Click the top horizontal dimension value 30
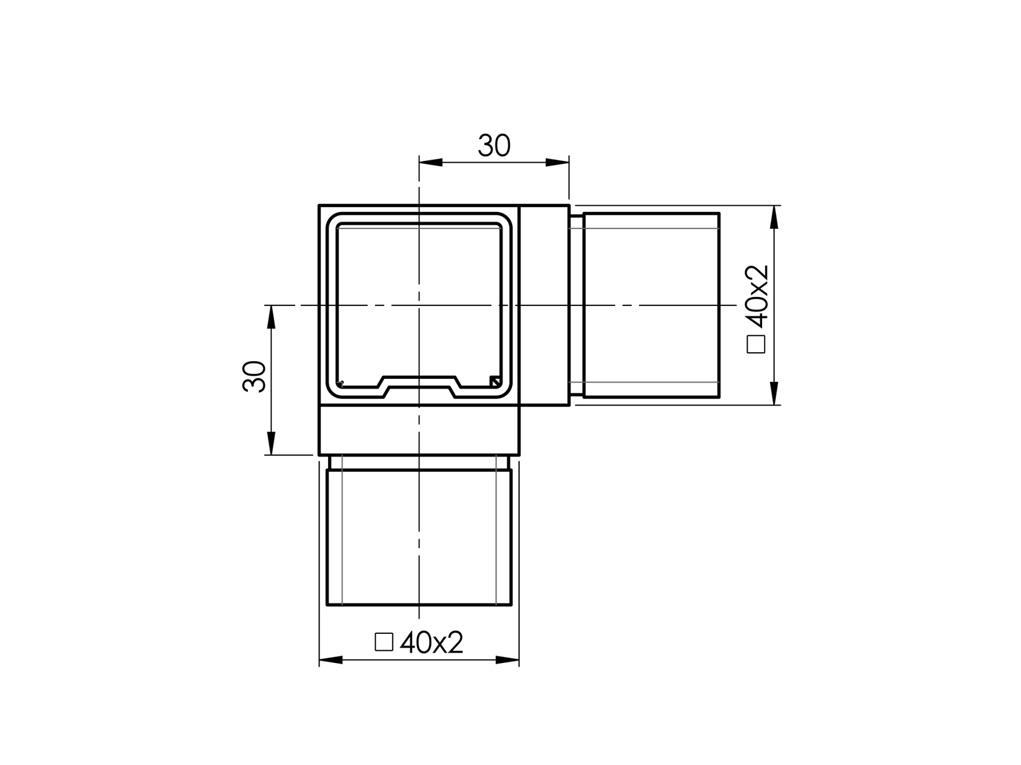[x=494, y=146]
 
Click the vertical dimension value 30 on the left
[x=255, y=376]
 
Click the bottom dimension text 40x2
[x=432, y=642]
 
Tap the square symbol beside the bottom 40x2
[x=384, y=642]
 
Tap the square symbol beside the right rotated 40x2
[x=757, y=344]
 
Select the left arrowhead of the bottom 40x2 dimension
[x=331, y=660]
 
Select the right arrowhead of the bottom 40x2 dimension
[x=508, y=660]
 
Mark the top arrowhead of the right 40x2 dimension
[x=774, y=217]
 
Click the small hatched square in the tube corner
[x=495, y=381]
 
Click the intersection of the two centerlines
[x=419, y=305]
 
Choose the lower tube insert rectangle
[x=419, y=537]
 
